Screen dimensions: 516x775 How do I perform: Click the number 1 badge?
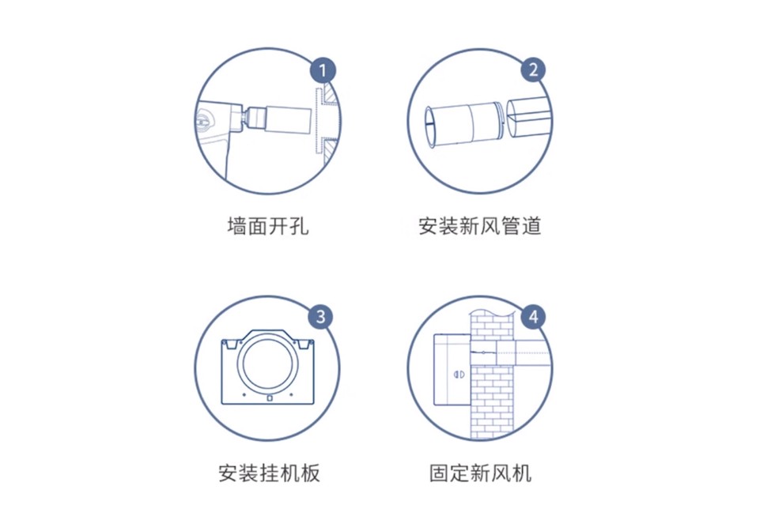point(322,70)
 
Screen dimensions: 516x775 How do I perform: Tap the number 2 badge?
point(534,70)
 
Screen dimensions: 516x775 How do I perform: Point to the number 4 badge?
point(534,317)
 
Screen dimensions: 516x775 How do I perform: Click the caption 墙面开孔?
point(267,227)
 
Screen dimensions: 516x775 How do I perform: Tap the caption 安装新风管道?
point(480,227)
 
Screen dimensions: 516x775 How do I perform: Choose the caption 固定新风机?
point(480,473)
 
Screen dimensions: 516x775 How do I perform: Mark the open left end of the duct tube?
point(429,126)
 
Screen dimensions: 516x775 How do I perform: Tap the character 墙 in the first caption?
point(236,227)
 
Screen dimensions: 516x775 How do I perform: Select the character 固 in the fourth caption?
point(439,473)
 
